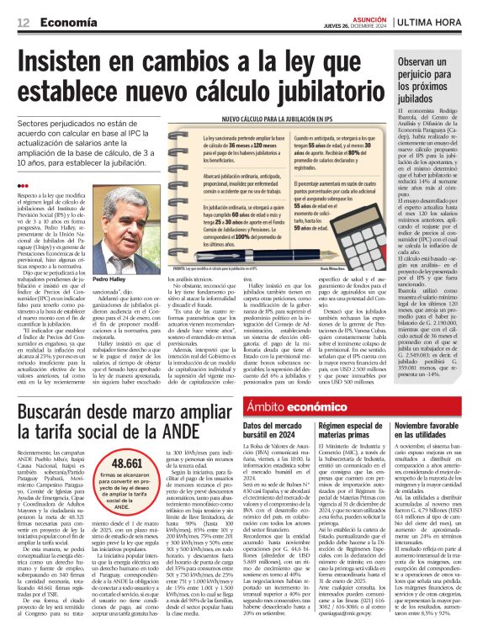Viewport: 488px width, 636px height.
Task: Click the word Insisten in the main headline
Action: click(x=72, y=62)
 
